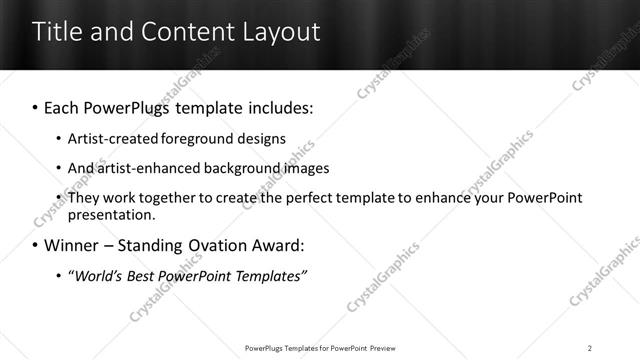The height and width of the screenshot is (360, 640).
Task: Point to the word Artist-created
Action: click(110, 138)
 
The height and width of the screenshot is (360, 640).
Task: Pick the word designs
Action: click(262, 138)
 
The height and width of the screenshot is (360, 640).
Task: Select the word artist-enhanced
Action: click(147, 168)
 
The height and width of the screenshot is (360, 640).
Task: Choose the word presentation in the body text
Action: click(111, 214)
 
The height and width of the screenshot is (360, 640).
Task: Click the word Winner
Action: click(72, 245)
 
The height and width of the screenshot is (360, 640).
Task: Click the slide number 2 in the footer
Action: click(590, 347)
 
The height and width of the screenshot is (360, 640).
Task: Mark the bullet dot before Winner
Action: click(36, 245)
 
